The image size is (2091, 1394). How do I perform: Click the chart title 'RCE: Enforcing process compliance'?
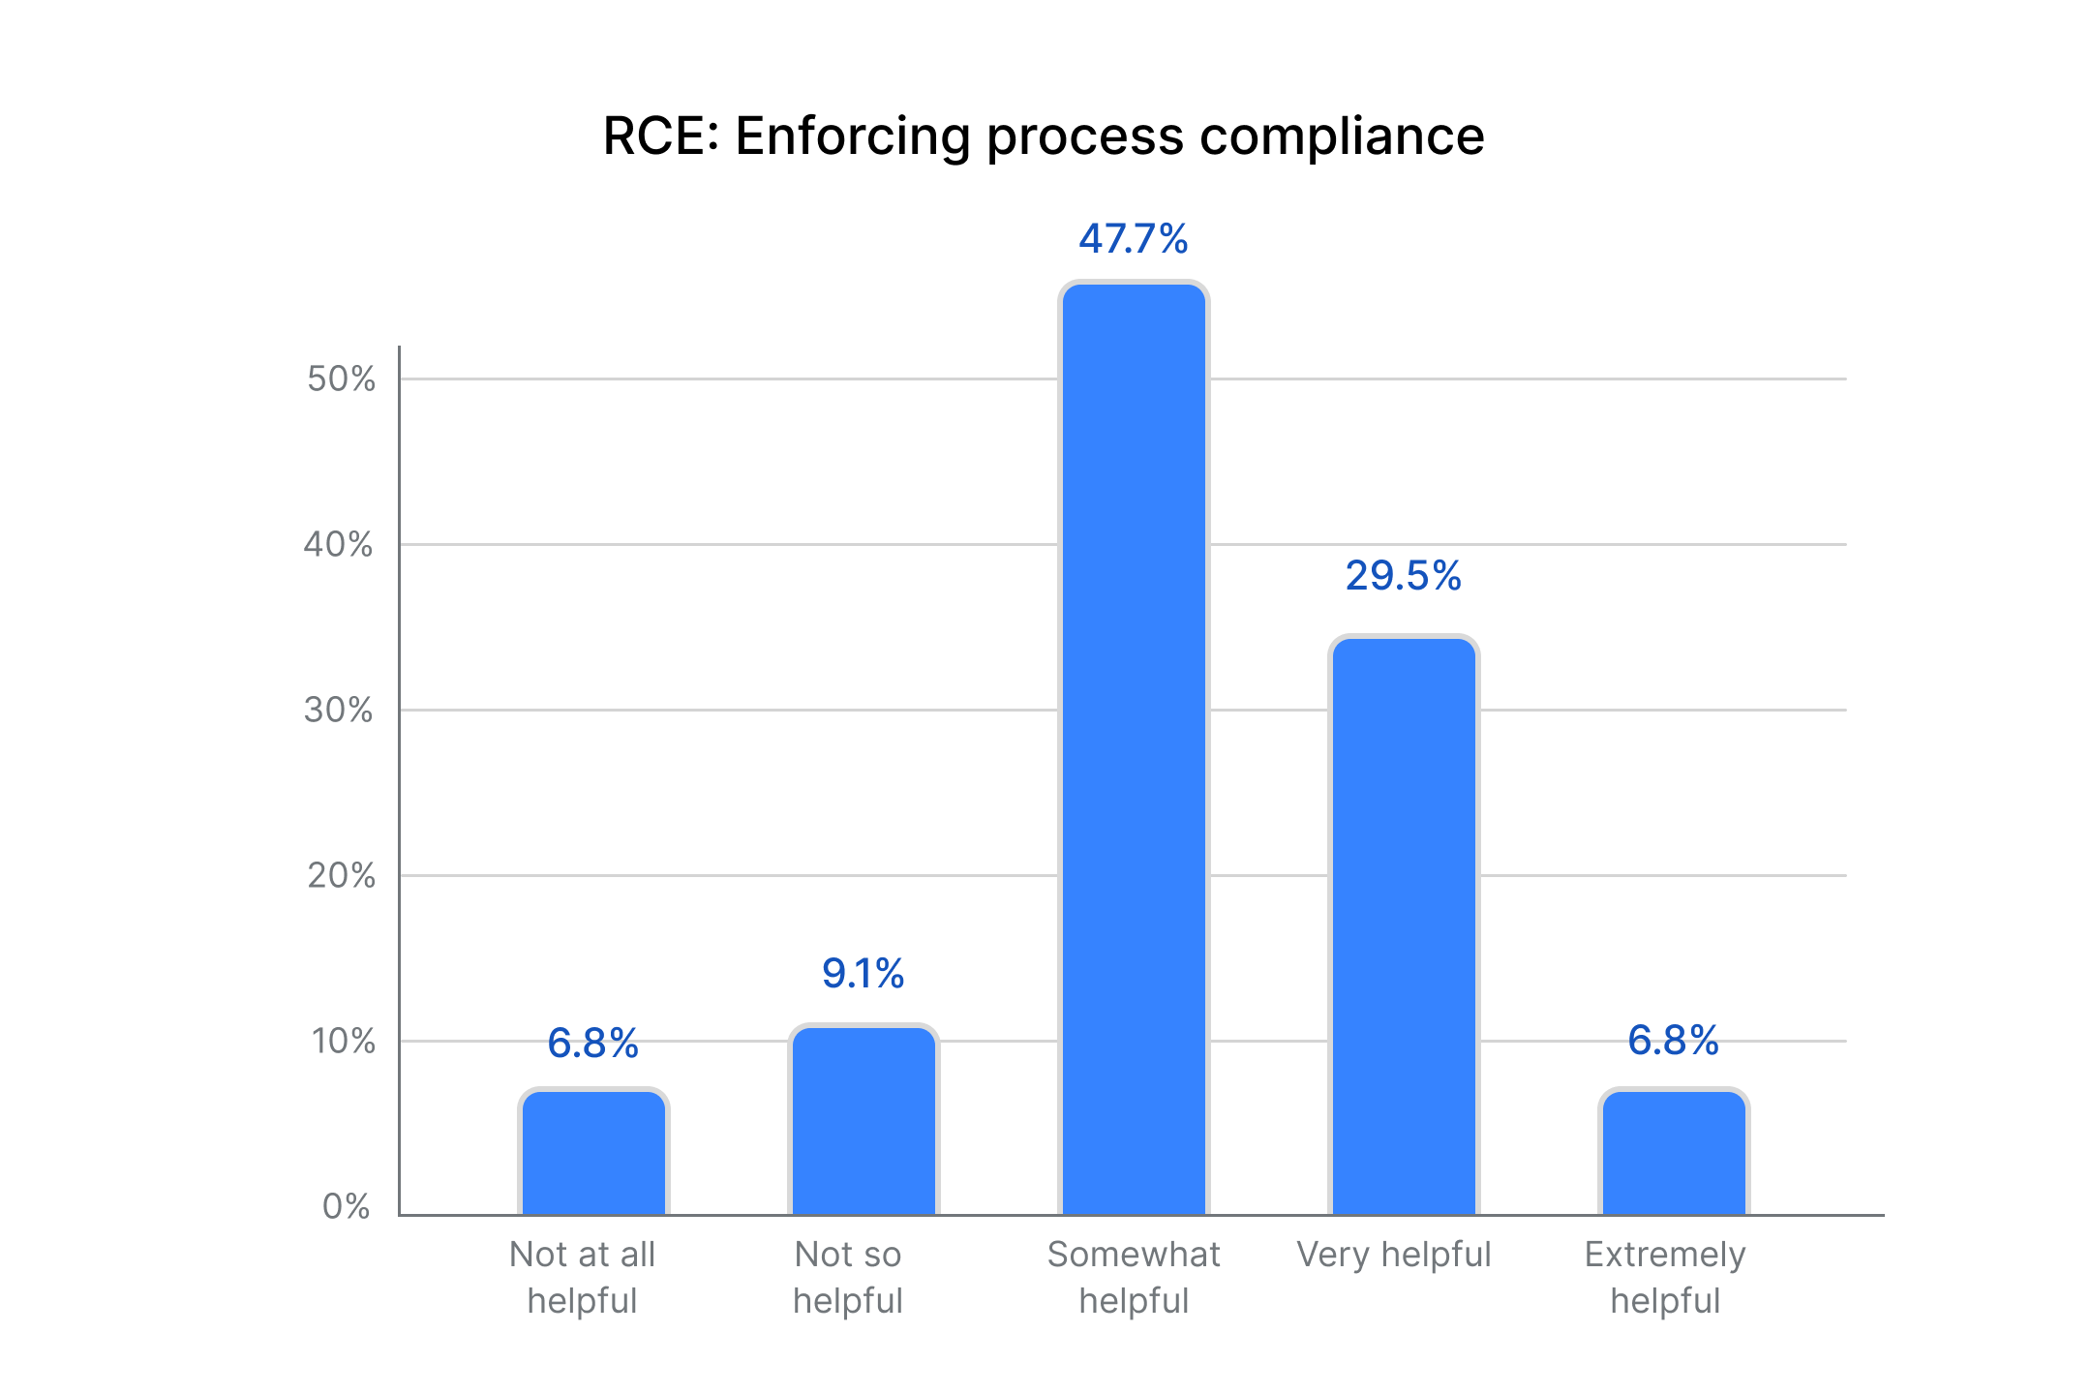tap(1044, 136)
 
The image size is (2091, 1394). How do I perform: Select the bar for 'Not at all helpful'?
tap(593, 1152)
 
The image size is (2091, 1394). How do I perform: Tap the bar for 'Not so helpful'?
tap(864, 1120)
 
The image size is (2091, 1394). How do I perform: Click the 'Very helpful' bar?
tap(1404, 925)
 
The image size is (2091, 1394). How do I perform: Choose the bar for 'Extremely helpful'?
tap(1674, 1152)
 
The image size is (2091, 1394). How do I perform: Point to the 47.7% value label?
tap(1134, 239)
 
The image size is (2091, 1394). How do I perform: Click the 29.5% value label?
tap(1404, 576)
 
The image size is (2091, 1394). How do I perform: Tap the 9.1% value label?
tap(864, 974)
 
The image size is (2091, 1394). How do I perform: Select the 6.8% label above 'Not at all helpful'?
tap(593, 1044)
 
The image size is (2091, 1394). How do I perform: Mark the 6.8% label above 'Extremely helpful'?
tap(1674, 1041)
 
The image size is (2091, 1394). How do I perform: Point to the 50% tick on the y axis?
tap(341, 379)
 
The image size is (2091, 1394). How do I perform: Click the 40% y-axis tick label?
tap(339, 544)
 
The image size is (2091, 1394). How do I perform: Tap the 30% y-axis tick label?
tap(339, 710)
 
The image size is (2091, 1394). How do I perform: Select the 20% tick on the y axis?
tap(341, 875)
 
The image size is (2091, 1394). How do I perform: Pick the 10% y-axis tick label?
tap(343, 1041)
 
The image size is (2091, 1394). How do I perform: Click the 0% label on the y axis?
tap(347, 1206)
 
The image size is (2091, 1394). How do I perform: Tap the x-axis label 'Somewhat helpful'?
tap(1134, 1278)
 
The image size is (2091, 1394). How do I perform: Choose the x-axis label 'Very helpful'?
tap(1394, 1255)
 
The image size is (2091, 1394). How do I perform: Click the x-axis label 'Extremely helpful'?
tap(1665, 1278)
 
